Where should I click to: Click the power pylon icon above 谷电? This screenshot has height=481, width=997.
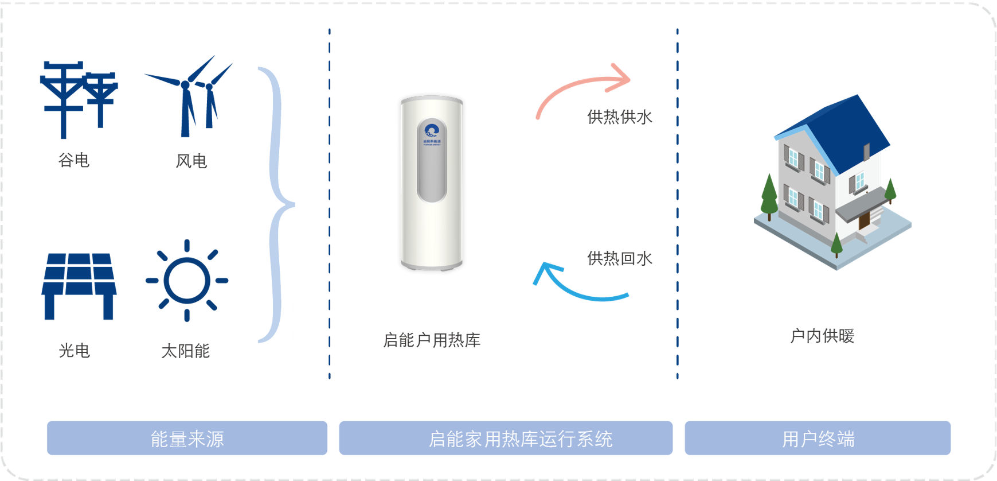pyautogui.click(x=79, y=98)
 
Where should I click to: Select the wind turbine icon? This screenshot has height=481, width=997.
pyautogui.click(x=189, y=98)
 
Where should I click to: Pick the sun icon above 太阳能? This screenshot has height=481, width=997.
pyautogui.click(x=187, y=280)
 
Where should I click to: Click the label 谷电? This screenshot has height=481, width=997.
pyautogui.click(x=74, y=160)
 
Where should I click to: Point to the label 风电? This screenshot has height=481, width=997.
pyautogui.click(x=191, y=161)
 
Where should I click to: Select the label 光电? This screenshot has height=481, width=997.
pyautogui.click(x=75, y=350)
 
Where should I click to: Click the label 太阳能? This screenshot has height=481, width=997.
pyautogui.click(x=186, y=351)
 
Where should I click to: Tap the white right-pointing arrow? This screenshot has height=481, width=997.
pyautogui.click(x=290, y=321)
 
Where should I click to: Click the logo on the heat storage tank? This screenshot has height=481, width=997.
pyautogui.click(x=432, y=131)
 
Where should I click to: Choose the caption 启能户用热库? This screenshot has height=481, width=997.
pyautogui.click(x=432, y=340)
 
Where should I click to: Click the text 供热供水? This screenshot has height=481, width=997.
pyautogui.click(x=620, y=117)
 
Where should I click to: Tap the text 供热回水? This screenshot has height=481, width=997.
pyautogui.click(x=620, y=259)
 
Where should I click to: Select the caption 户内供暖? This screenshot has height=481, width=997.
pyautogui.click(x=822, y=336)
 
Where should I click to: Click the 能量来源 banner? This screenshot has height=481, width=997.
pyautogui.click(x=187, y=439)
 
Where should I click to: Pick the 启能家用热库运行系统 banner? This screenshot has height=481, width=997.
pyautogui.click(x=506, y=439)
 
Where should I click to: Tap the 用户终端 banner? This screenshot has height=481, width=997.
pyautogui.click(x=818, y=439)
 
